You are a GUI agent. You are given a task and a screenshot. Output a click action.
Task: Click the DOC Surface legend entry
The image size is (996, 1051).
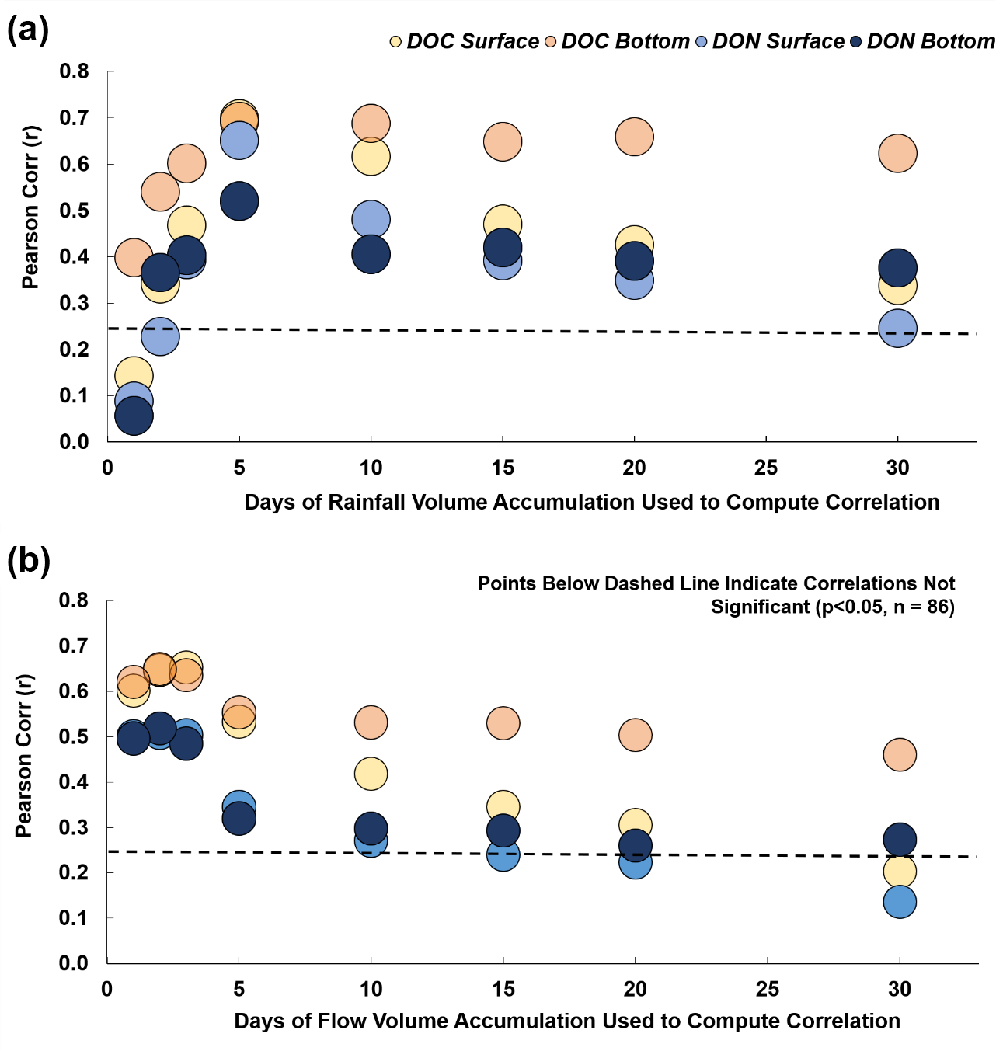click(464, 41)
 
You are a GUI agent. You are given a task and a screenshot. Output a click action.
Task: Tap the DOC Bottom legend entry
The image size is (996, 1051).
click(617, 41)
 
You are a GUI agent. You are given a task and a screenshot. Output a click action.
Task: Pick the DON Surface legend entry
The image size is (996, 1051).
click(770, 41)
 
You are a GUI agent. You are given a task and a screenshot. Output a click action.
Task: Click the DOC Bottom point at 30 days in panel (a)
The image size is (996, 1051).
click(897, 153)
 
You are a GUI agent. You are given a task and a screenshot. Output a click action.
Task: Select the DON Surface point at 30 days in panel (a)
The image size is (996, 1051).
click(897, 329)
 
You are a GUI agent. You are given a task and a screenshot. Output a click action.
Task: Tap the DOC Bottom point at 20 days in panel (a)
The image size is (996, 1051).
click(634, 137)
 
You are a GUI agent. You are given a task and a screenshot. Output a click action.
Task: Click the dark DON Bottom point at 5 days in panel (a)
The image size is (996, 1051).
click(239, 201)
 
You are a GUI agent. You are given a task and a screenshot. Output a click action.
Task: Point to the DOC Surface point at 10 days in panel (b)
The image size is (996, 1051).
click(371, 774)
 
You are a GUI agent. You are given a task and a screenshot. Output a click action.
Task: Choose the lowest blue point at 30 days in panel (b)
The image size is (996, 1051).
click(900, 902)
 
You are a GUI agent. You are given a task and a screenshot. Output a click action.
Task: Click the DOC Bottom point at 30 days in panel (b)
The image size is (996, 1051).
click(900, 754)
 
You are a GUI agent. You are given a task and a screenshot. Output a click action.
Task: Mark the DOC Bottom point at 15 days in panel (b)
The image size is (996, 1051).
click(503, 723)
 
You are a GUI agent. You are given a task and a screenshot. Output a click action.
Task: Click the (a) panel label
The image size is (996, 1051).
click(28, 31)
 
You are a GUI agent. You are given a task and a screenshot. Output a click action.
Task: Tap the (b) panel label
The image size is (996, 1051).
click(29, 561)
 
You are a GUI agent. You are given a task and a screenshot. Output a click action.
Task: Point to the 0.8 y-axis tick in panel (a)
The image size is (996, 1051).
click(75, 71)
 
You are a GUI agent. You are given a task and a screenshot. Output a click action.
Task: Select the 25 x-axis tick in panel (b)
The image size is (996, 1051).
click(768, 989)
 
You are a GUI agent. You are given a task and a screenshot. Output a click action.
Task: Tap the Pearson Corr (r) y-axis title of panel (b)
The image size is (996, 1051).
click(24, 755)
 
